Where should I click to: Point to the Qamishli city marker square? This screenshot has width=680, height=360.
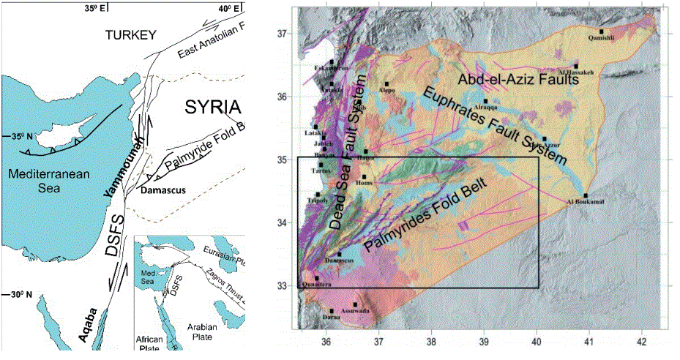[x=601, y=31]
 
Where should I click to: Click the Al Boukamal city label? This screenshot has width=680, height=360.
[x=586, y=202]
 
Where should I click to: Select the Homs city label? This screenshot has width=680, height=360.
[x=364, y=183]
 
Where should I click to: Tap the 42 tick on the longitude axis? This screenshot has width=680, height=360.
[x=641, y=342]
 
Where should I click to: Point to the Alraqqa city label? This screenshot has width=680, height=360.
[x=485, y=108]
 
